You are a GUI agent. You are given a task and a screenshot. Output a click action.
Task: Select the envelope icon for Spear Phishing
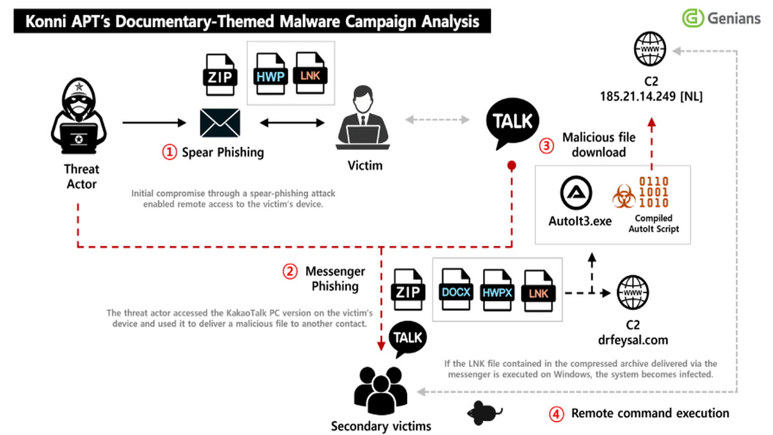220,122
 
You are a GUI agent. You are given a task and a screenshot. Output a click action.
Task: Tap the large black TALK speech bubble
513,123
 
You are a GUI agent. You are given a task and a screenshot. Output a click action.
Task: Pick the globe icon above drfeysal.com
631,293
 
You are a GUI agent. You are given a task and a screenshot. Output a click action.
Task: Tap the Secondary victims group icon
381,390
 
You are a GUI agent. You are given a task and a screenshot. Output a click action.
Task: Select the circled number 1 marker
169,153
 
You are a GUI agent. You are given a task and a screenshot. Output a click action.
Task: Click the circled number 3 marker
546,145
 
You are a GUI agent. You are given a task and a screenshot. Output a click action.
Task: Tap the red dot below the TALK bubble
512,165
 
